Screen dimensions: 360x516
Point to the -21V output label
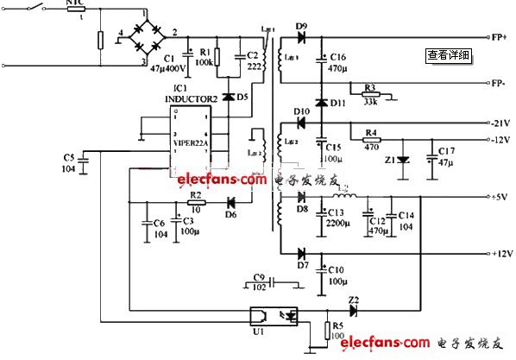[502, 123]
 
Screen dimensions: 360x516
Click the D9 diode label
[301, 27]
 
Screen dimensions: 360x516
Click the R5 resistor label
[337, 325]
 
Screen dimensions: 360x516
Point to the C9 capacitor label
[259, 276]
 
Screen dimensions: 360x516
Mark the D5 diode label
[242, 97]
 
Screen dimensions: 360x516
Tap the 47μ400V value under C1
[168, 66]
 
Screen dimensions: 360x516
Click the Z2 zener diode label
[353, 300]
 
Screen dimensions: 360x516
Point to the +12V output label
[502, 255]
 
